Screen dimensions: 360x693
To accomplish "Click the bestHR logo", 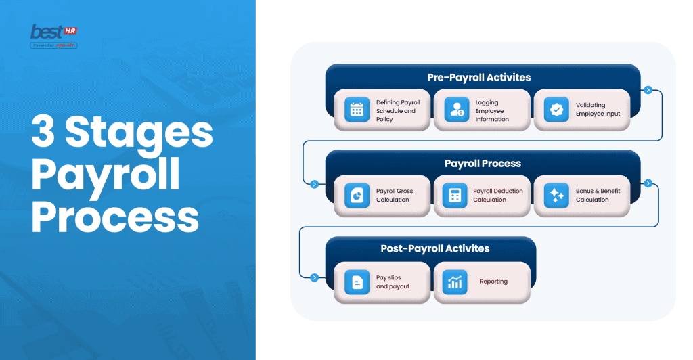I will point(53,36).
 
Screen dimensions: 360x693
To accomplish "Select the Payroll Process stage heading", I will point(483,163).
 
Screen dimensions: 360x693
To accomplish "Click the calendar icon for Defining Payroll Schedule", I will point(355,110).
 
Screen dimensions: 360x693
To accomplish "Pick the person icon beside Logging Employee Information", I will point(456,110).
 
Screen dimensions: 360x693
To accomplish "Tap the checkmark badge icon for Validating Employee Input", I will point(556,110).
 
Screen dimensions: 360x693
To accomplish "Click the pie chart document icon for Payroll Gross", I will point(355,195).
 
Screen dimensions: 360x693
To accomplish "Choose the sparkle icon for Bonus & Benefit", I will point(556,195).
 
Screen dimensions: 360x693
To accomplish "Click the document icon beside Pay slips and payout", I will point(355,281).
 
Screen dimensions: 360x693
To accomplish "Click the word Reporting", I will point(493,282).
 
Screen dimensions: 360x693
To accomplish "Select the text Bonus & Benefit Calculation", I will point(598,195).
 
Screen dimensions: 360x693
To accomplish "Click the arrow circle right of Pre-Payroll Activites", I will point(648,89).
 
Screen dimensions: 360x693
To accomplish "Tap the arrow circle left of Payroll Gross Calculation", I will point(314,183).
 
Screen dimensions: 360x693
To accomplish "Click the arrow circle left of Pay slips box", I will point(314,277).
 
